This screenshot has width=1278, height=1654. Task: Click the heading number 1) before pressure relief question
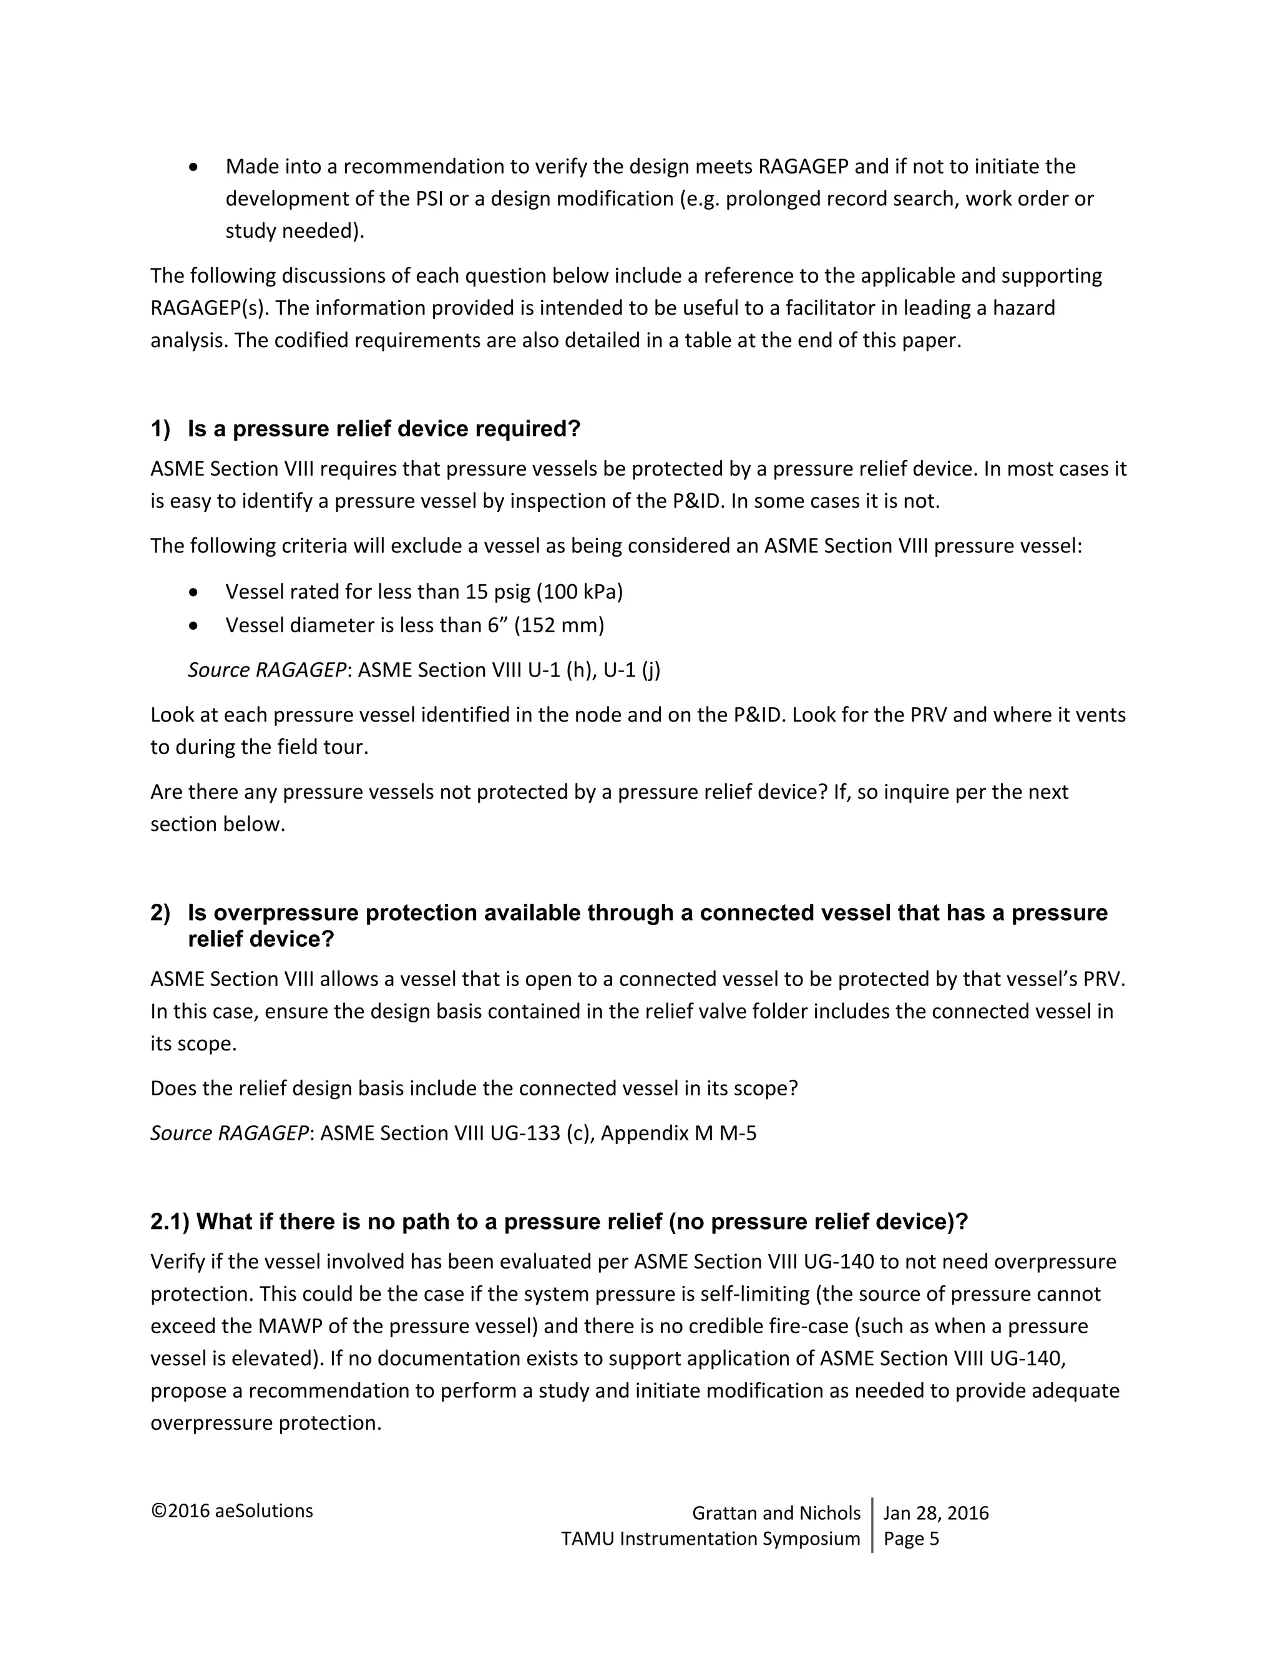160,429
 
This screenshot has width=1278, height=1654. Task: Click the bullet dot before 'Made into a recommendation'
195,167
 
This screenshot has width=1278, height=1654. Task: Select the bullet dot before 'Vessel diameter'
195,626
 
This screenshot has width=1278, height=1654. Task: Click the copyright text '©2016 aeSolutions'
232,1511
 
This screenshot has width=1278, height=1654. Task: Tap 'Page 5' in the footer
911,1538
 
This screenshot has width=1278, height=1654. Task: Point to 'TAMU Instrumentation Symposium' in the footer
710,1538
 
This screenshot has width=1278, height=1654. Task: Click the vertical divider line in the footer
872,1525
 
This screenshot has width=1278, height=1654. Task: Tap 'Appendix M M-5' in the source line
678,1133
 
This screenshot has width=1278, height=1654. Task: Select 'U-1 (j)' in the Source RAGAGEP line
632,670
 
